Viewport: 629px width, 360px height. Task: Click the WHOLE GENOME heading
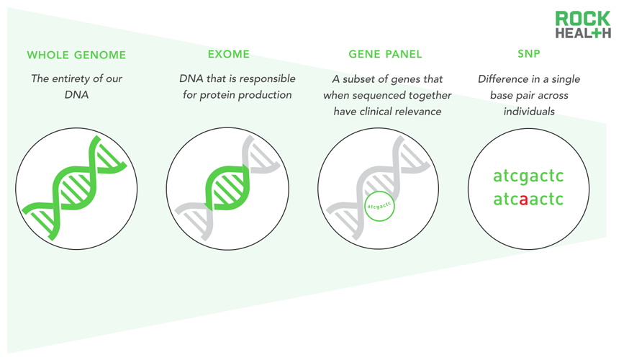[76, 55]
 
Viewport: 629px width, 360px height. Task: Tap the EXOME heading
[229, 54]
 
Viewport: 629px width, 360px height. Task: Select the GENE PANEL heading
[385, 54]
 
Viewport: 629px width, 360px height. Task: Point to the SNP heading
[529, 54]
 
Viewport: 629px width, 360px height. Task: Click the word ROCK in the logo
[583, 19]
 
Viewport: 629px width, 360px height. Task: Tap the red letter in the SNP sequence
[523, 199]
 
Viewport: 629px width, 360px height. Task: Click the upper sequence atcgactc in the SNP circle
[528, 176]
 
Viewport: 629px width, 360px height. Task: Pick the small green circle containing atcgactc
[379, 206]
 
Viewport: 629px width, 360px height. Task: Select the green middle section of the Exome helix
[227, 188]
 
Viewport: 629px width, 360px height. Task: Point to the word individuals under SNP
[529, 111]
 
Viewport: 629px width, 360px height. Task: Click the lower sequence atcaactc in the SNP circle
[528, 199]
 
